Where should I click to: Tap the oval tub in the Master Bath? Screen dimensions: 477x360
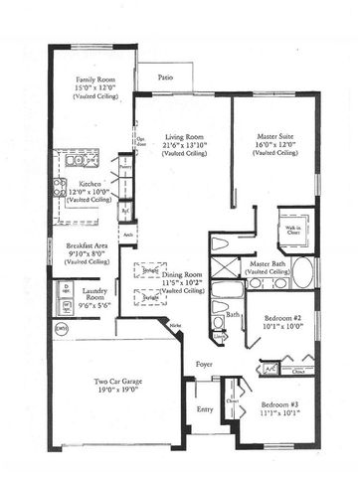tap(300, 272)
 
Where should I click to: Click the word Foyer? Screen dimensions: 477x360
tap(205, 364)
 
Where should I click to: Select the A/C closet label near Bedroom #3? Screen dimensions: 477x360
tap(270, 367)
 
